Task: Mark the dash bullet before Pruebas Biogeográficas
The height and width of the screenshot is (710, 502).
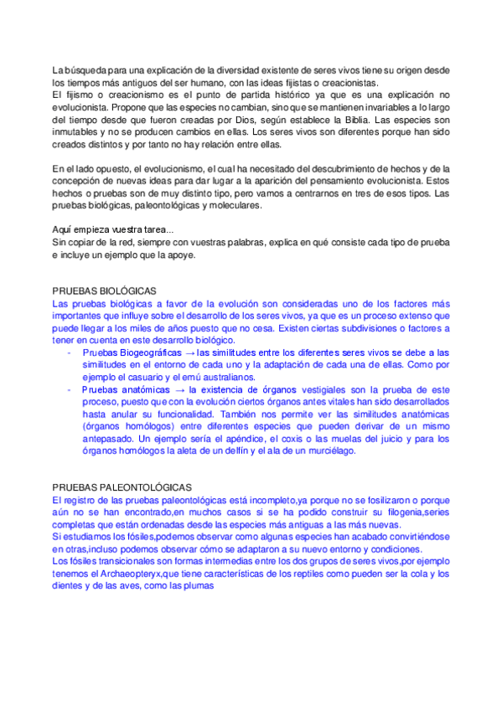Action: tap(68, 353)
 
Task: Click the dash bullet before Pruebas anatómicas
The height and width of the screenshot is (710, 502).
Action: tap(68, 390)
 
